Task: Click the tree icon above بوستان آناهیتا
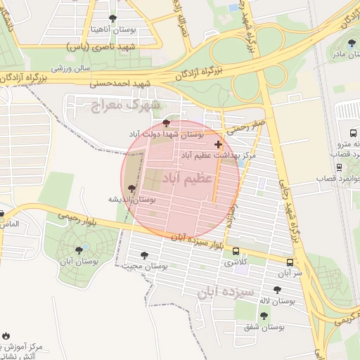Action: tap(113, 18)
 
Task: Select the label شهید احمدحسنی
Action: tap(121, 83)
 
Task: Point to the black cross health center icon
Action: tap(218, 143)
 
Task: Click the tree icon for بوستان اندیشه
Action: tap(131, 188)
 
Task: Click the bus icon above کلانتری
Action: tap(234, 251)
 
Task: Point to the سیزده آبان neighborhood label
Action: tap(223, 292)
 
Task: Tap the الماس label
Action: tap(9, 224)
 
